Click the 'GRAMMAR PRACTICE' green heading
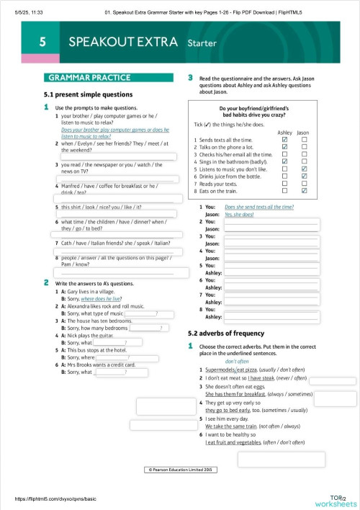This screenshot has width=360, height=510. coord(89,77)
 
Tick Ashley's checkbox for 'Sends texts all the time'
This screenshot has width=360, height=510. coord(284,139)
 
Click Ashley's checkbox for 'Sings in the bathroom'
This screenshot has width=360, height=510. coord(284,161)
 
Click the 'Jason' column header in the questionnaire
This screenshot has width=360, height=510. coord(303,133)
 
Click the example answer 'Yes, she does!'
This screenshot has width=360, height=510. coord(239,215)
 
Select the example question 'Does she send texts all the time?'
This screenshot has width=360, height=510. coord(259,207)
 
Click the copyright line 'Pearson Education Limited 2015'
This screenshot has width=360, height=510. coord(180,469)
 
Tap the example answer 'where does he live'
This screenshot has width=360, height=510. coord(101,297)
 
